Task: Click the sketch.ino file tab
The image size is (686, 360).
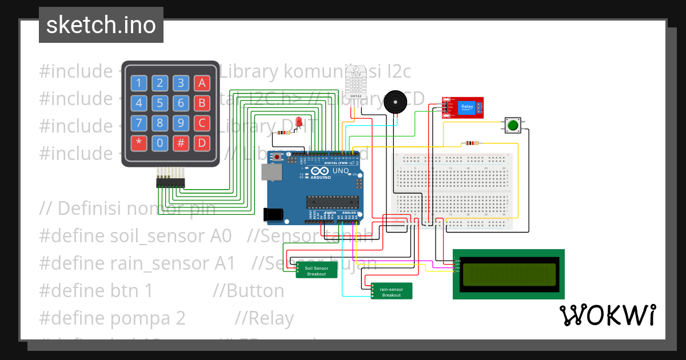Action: [x=101, y=25]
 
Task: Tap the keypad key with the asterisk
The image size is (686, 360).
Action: [x=139, y=143]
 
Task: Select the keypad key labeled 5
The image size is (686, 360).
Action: [x=160, y=103]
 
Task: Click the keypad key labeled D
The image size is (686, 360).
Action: [x=202, y=143]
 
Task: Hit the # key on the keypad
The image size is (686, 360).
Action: [x=181, y=143]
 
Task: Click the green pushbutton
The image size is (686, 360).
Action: [x=513, y=125]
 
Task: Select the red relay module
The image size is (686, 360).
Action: [x=463, y=107]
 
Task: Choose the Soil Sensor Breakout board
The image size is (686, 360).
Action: [x=316, y=270]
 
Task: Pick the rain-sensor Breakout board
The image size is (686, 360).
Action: [x=392, y=291]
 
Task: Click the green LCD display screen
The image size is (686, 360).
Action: [x=509, y=274]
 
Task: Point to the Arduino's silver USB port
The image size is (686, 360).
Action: [x=271, y=173]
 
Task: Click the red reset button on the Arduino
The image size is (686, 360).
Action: [x=278, y=157]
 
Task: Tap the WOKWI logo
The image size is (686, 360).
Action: [x=607, y=315]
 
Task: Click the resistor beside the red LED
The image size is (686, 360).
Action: [x=282, y=133]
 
